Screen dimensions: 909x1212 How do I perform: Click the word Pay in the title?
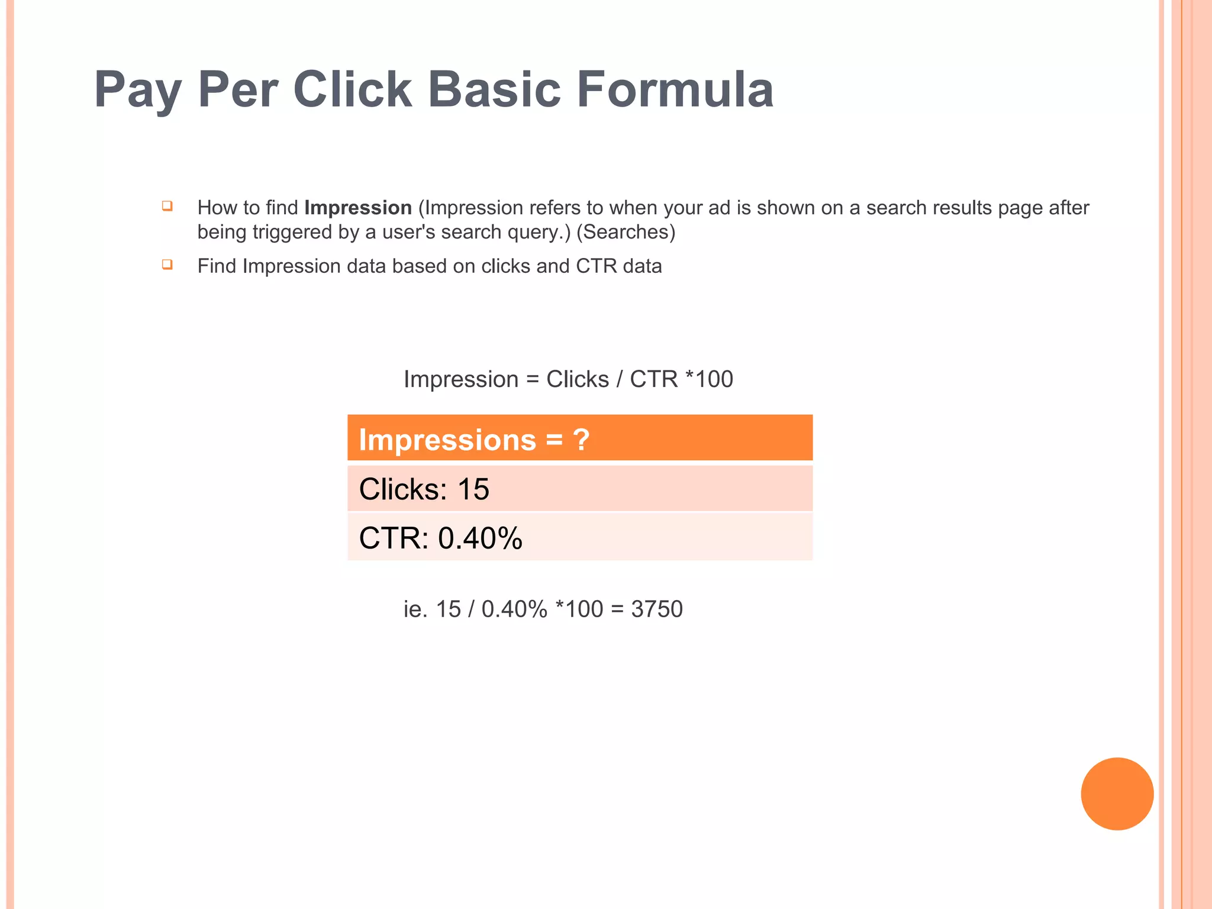pos(137,90)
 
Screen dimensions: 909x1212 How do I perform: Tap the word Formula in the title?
pos(675,90)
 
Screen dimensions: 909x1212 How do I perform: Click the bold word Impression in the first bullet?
pos(357,208)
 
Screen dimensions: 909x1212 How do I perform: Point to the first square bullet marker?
pos(167,206)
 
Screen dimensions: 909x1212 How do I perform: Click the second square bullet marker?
pos(167,264)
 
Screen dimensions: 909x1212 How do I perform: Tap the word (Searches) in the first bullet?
pos(626,232)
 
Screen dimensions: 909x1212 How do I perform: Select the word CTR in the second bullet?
pos(596,266)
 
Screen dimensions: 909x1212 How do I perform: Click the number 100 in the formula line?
pos(714,379)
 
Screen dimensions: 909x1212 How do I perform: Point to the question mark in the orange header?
pos(581,440)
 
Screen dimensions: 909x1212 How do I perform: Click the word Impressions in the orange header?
pos(447,440)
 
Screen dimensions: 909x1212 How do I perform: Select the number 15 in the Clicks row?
pos(473,489)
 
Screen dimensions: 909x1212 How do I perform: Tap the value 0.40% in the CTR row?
pos(480,539)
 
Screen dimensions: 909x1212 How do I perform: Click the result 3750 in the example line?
pos(657,609)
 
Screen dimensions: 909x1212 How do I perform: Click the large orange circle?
pos(1117,794)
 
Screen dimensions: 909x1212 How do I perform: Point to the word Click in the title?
pos(353,90)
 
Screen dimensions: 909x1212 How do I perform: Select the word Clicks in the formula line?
pos(577,379)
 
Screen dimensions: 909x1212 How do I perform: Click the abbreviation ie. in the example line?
pos(415,609)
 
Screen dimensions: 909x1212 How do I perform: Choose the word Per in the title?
pos(237,90)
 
